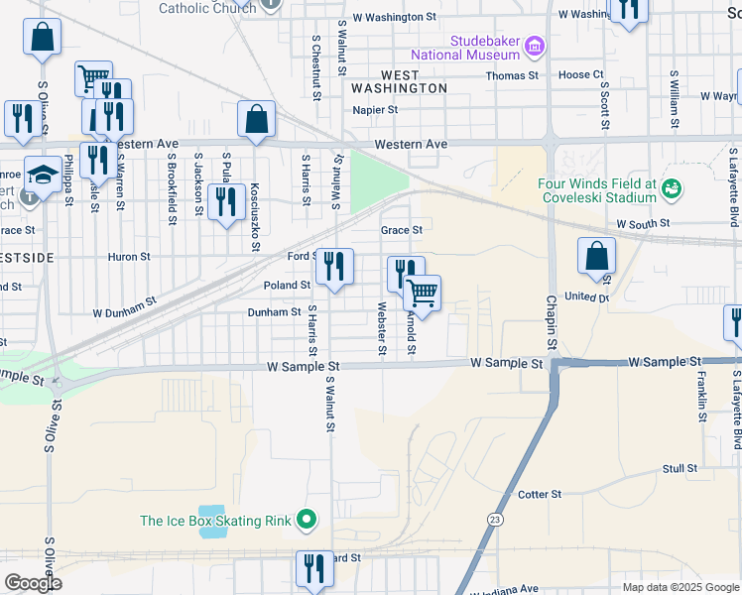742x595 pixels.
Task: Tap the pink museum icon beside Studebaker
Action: (x=535, y=46)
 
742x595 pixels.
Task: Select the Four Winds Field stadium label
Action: (x=596, y=190)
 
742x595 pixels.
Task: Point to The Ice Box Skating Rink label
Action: (x=215, y=520)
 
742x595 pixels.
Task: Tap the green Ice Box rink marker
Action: (x=307, y=519)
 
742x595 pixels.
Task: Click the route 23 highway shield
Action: (x=494, y=520)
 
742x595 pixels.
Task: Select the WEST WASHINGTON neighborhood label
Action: (x=414, y=81)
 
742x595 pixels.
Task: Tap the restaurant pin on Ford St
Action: (x=334, y=266)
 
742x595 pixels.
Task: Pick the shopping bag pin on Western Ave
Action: (x=256, y=119)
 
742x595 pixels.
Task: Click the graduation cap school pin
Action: (x=42, y=176)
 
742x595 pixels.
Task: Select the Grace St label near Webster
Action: (x=402, y=230)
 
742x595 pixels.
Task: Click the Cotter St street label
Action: (x=540, y=494)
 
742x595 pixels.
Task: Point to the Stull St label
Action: (x=680, y=467)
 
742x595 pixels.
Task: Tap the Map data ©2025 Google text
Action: (x=680, y=587)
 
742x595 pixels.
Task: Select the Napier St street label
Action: (x=374, y=110)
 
